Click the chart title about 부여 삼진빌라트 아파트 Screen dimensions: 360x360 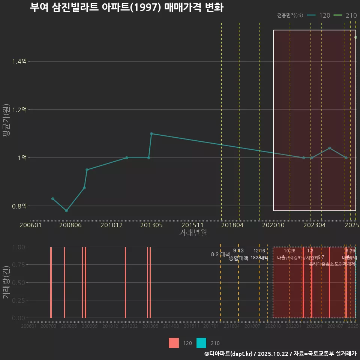(x=126, y=7)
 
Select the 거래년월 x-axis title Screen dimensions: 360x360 (x=193, y=232)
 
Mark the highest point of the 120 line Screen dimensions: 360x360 (x=151, y=133)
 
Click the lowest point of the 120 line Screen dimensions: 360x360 (x=66, y=211)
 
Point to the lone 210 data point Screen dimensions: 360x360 (x=355, y=37)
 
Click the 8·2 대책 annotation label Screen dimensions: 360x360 (x=220, y=255)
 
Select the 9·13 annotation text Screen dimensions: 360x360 (x=238, y=250)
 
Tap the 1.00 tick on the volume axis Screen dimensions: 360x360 (x=18, y=247)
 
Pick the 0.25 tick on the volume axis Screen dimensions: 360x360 (x=18, y=300)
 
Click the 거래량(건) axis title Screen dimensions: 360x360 (x=6, y=282)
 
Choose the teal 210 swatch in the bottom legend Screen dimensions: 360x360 (x=201, y=343)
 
